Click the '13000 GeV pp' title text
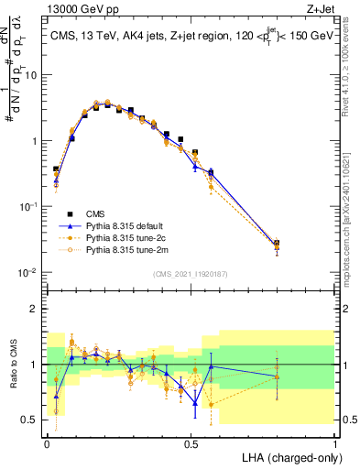pyautogui.click(x=77, y=9)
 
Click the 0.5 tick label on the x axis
pyautogui.click(x=191, y=443)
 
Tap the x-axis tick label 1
pyautogui.click(x=335, y=443)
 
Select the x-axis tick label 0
pyautogui.click(x=48, y=443)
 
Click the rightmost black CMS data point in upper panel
pyautogui.click(x=278, y=244)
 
